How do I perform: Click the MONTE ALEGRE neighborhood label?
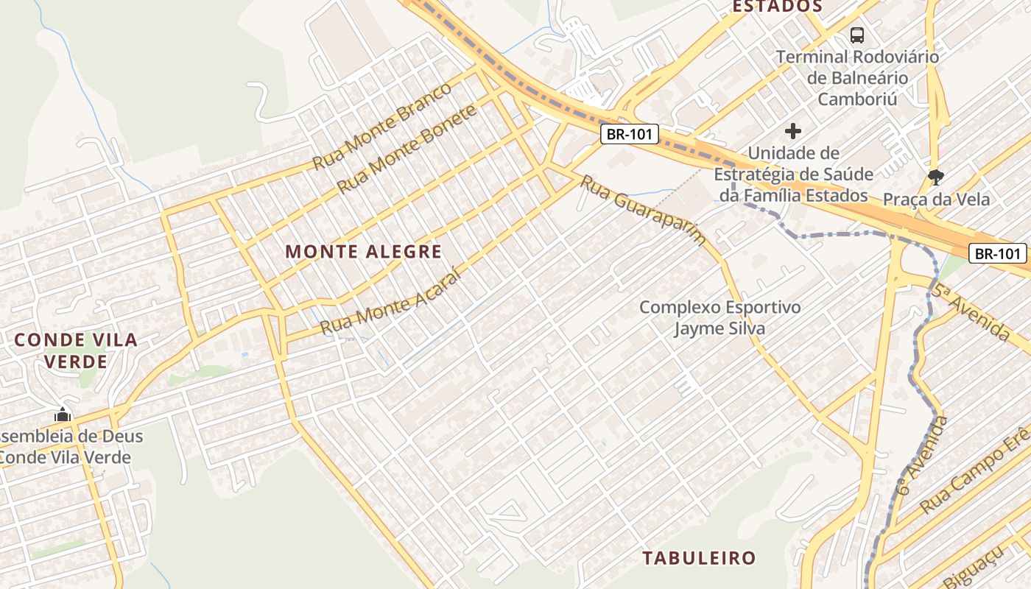pos(363,252)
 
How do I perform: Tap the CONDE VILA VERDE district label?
pos(76,350)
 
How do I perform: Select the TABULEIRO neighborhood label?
pos(699,557)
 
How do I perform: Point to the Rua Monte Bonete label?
pos(407,149)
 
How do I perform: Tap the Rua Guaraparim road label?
pos(643,209)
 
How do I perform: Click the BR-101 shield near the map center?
pos(628,135)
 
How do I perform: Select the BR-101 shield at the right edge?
pos(998,254)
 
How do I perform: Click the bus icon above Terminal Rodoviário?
pos(856,35)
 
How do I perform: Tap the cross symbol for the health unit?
pos(793,132)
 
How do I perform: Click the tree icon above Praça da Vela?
pos(936,177)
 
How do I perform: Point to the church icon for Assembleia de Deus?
pos(63,415)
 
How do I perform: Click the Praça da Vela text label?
pos(936,200)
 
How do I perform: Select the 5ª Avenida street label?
pos(970,312)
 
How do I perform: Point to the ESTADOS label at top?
pos(776,7)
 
